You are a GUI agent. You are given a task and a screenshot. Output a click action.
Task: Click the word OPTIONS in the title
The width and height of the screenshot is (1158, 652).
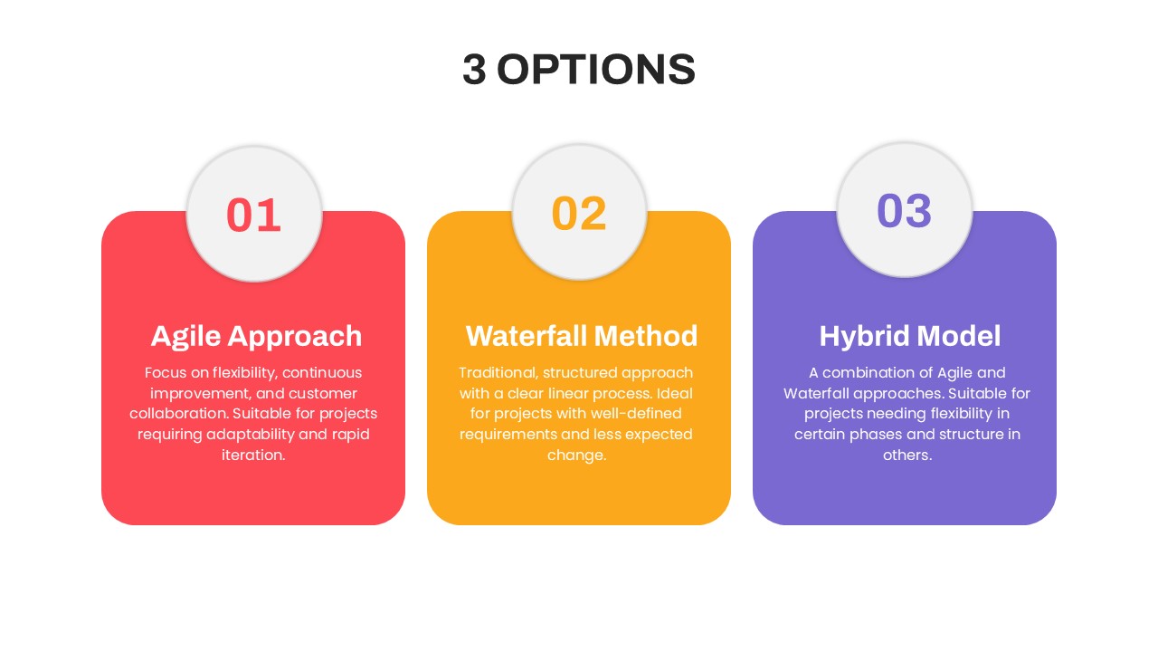pos(596,70)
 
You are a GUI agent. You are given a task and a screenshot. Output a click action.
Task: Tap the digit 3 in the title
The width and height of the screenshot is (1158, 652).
pos(474,70)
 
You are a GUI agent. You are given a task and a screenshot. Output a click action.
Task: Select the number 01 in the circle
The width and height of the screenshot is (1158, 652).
pos(253,215)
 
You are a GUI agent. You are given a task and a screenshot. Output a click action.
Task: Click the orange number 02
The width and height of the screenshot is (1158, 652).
pos(579,213)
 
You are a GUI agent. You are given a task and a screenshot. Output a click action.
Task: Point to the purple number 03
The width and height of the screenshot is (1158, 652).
pos(905,211)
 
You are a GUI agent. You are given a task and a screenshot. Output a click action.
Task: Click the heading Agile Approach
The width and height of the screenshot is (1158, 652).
pos(256,336)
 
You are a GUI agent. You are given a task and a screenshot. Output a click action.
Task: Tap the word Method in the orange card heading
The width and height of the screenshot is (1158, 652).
pos(646,336)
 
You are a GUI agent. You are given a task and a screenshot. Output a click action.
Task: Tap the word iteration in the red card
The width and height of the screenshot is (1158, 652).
pos(253,455)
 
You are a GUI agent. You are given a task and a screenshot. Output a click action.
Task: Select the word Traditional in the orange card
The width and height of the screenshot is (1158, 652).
pos(498,373)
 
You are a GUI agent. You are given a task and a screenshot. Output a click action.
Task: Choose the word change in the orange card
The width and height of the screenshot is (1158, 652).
pos(576,455)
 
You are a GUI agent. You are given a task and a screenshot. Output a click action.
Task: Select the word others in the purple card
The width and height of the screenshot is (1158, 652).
pos(907,455)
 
